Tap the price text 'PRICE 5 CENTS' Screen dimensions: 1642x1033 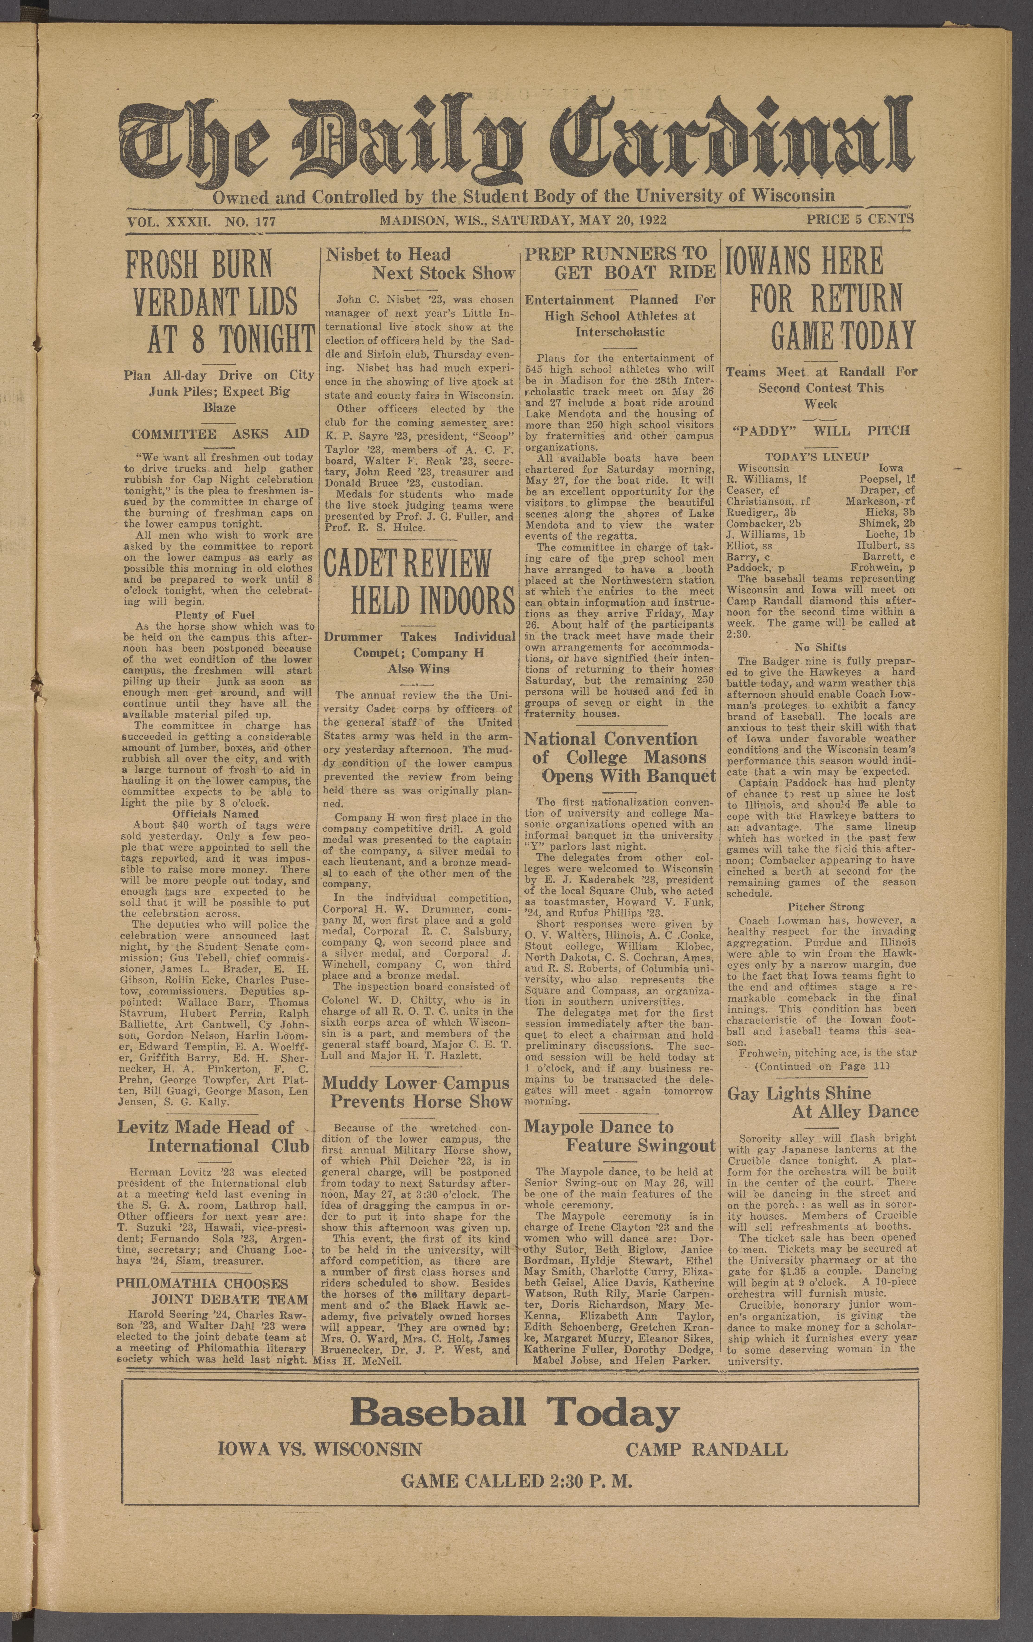click(x=859, y=220)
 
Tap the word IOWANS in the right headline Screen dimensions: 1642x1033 click(x=803, y=261)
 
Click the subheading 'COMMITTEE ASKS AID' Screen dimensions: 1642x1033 click(x=220, y=434)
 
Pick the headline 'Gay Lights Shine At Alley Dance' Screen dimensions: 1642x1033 click(x=822, y=1103)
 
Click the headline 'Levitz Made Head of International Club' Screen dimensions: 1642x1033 click(x=214, y=1137)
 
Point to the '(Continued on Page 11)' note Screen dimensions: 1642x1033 click(x=821, y=1067)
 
